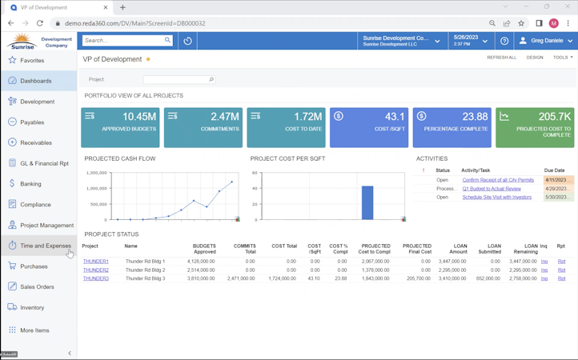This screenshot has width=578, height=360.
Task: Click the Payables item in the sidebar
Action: (32, 122)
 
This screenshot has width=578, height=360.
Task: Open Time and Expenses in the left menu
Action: (45, 246)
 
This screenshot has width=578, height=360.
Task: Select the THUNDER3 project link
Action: (96, 278)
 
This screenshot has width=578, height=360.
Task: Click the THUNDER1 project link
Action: (96, 262)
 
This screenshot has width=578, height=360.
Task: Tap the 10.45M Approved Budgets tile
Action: (120, 127)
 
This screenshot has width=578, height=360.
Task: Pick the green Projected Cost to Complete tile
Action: (535, 127)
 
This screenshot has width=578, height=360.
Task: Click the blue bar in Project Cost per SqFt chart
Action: (367, 202)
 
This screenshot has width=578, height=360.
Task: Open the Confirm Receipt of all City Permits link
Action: (498, 180)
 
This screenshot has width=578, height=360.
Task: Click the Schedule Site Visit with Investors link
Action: (496, 197)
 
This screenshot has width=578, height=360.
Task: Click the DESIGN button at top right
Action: (535, 58)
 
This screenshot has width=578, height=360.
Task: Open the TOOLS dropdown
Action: (562, 58)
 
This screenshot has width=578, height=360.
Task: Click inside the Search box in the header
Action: (123, 40)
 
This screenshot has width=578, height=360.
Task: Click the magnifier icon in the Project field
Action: (211, 80)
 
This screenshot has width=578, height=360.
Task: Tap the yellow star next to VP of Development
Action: (148, 59)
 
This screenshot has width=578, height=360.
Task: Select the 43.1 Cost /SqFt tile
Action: (368, 127)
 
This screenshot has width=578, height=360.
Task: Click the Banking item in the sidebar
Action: (30, 184)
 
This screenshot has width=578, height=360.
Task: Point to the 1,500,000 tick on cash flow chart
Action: (97, 173)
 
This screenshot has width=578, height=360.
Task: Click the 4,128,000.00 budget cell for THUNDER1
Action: (200, 262)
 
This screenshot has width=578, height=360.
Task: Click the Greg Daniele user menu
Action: (546, 40)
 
